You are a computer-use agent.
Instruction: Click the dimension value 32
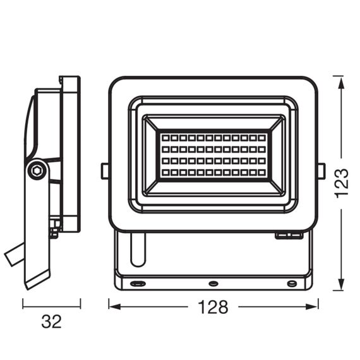51,322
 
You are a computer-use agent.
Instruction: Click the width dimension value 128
212,307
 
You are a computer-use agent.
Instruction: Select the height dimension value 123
342,183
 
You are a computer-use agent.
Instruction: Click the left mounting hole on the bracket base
135,284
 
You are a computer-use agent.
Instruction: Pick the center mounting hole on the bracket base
213,284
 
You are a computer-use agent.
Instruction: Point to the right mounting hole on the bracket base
291,284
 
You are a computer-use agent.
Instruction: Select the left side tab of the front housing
104,170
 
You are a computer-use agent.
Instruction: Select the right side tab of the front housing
321,170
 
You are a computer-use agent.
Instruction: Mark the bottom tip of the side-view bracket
29,287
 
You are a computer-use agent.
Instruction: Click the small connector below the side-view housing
54,232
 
